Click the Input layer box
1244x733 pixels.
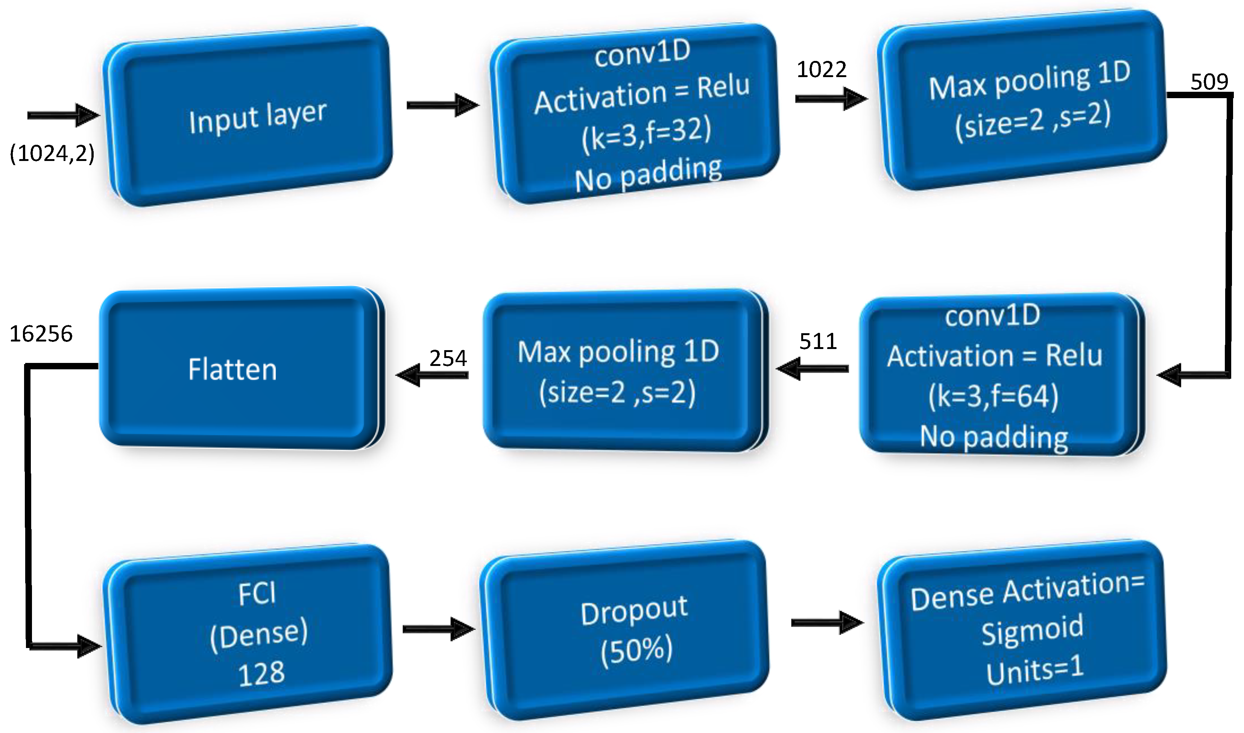click(247, 117)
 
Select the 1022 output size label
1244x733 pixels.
click(822, 70)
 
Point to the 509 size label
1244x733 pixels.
click(1209, 82)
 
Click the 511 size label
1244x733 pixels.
click(818, 342)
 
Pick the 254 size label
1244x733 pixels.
click(448, 358)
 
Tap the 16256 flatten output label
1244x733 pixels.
click(41, 334)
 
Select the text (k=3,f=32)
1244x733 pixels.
click(646, 134)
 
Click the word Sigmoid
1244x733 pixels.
click(1032, 631)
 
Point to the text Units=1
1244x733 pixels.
click(1034, 670)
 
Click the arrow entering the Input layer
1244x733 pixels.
click(63, 115)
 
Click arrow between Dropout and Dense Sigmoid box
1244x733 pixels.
click(827, 623)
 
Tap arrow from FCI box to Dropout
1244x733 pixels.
click(438, 629)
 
